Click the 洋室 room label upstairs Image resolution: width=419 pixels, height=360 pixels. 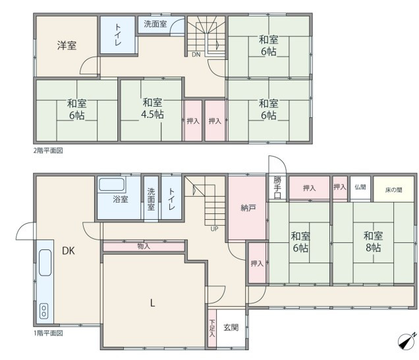[67, 45]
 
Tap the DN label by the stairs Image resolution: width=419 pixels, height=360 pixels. [196, 55]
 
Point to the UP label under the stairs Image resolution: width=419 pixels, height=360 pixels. [214, 229]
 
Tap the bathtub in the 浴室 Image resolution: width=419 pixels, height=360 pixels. [112, 185]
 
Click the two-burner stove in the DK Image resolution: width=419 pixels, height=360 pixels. [44, 311]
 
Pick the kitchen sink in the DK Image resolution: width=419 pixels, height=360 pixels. [45, 263]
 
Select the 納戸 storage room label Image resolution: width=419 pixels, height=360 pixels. [248, 207]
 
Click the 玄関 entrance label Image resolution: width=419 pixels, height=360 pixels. [231, 328]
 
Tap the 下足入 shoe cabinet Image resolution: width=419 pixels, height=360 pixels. [212, 328]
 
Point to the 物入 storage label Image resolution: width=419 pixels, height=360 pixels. [144, 246]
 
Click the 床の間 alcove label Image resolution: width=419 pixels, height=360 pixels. [393, 190]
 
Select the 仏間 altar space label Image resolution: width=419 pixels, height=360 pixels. [360, 187]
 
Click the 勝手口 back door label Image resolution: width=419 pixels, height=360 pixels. [277, 188]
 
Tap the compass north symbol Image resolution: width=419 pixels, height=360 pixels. [406, 341]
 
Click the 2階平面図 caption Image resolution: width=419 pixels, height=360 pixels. [48, 151]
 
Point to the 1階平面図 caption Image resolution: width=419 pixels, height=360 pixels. [48, 333]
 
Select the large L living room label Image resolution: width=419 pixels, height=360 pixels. [152, 303]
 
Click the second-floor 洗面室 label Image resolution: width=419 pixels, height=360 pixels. [155, 24]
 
